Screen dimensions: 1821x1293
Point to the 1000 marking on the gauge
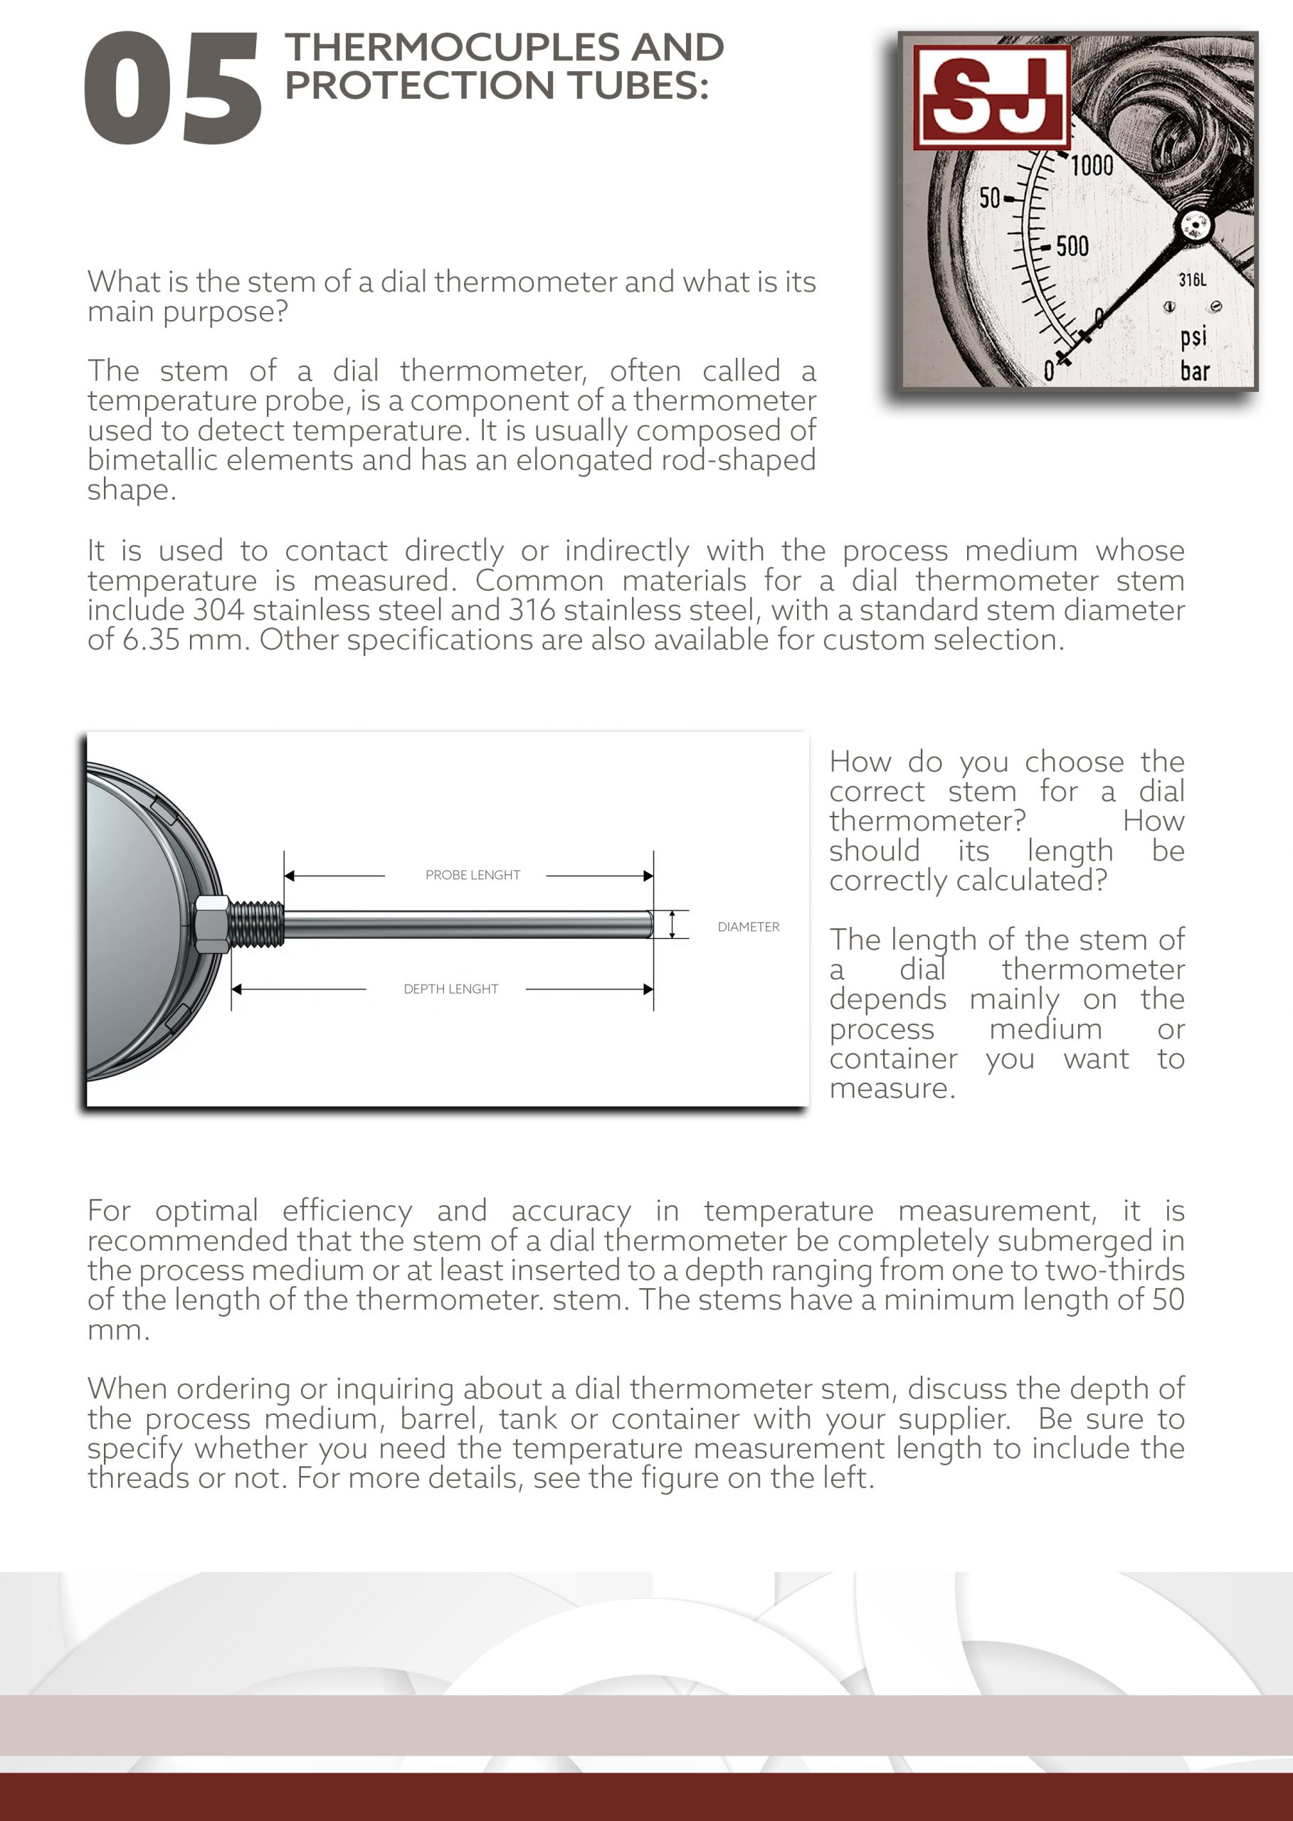coord(1092,166)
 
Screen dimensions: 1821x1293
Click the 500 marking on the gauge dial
coord(1072,246)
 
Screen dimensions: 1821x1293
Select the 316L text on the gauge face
coord(1192,280)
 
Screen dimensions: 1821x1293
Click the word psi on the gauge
coord(1193,336)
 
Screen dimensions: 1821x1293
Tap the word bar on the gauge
coord(1194,371)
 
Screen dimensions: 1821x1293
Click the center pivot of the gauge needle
coord(1193,227)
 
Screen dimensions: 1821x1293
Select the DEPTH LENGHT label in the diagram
coord(450,989)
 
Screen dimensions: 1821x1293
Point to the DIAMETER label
coord(749,926)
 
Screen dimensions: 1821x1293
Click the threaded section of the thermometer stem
coord(256,924)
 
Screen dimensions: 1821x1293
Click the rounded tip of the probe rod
coord(648,924)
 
